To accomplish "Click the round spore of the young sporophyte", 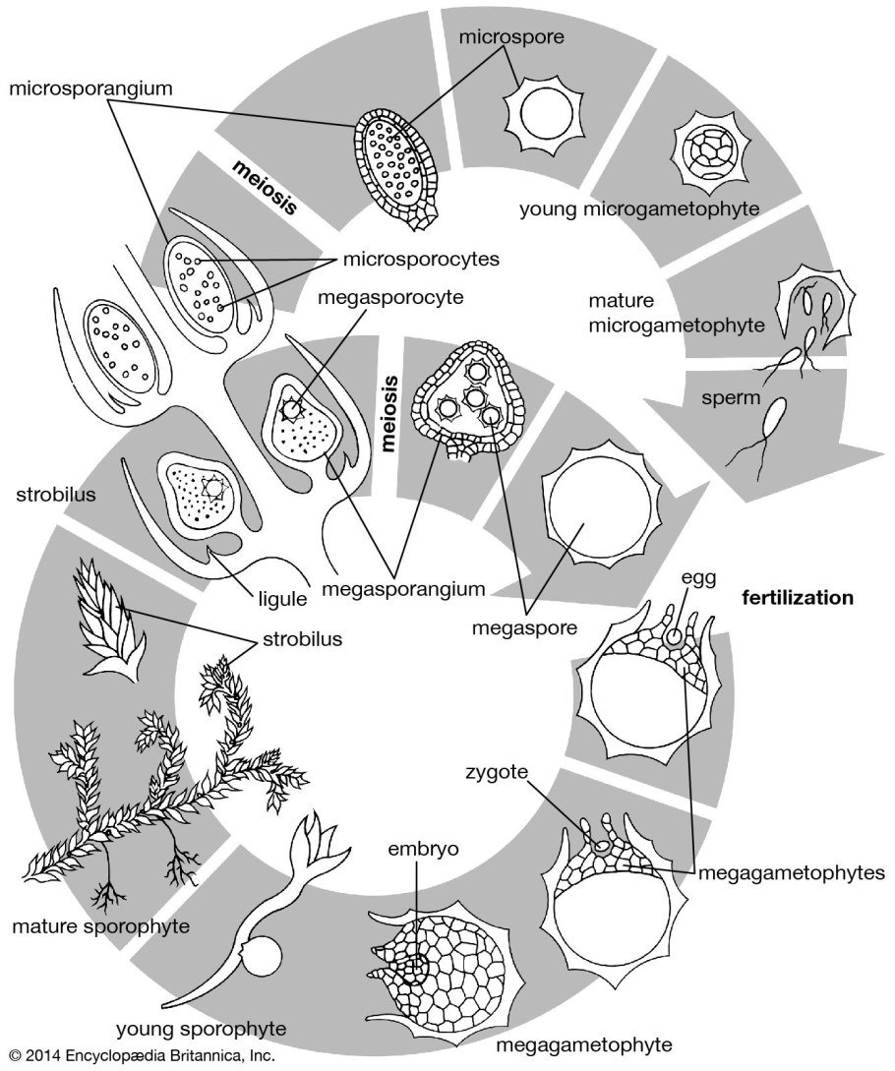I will (x=263, y=958).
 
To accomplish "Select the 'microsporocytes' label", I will (x=421, y=260).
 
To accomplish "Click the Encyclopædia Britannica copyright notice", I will (x=138, y=1058).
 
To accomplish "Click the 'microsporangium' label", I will (x=90, y=89).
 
